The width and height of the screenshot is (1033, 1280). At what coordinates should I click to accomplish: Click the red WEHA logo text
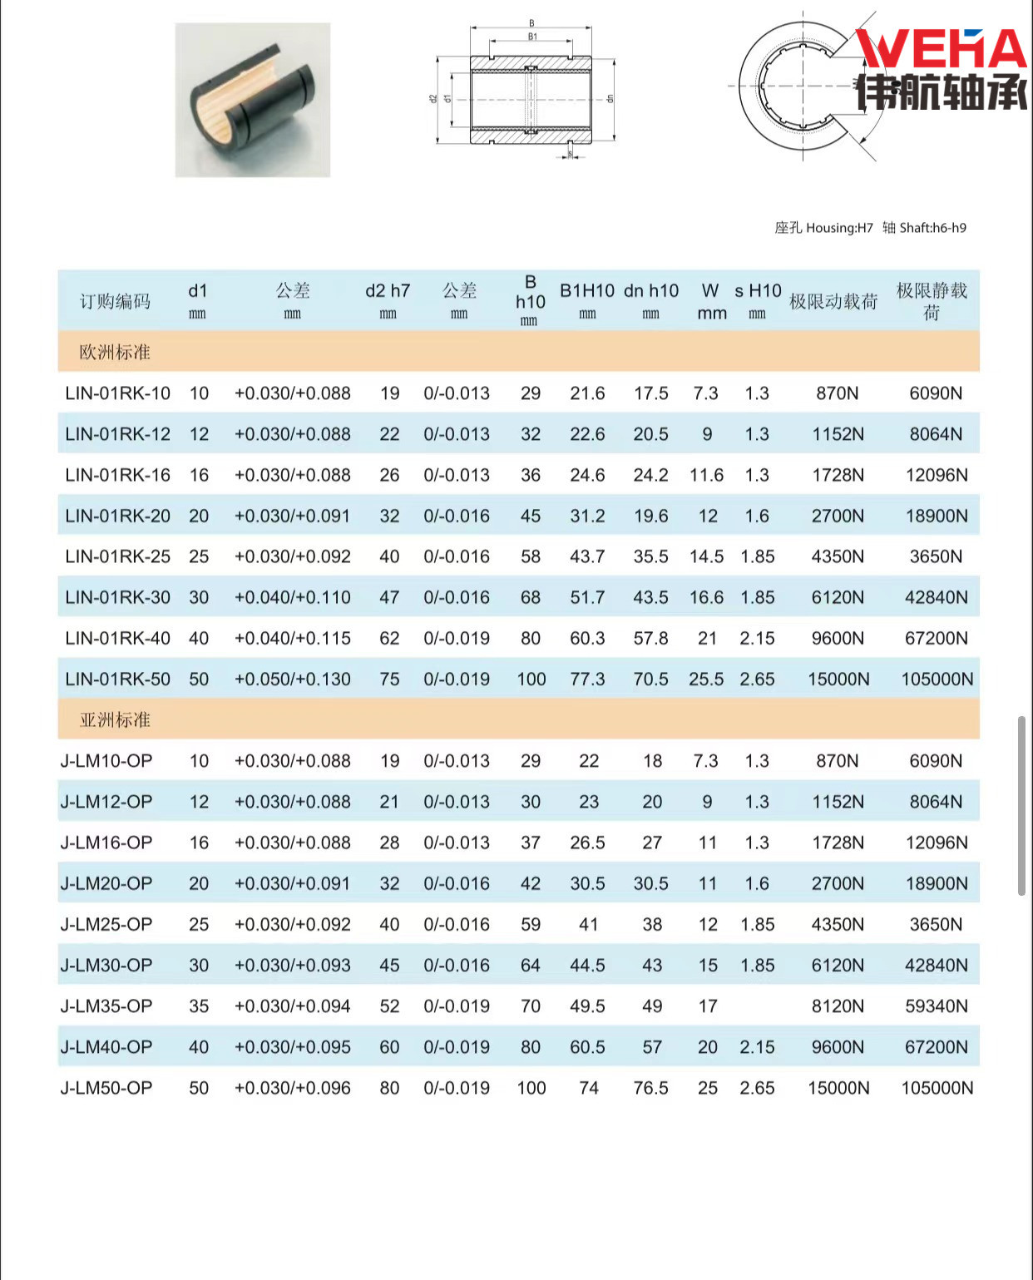coord(941,49)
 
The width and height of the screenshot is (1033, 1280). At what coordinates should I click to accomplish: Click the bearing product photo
coord(253,100)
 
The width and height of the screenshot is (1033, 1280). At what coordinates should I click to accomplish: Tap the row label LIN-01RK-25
coord(117,556)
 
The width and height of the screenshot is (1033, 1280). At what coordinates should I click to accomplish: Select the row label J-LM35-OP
coord(106,1006)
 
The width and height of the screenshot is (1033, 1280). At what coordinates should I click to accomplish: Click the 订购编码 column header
coord(115,301)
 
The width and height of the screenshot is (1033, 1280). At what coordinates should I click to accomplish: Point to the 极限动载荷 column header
coord(833,302)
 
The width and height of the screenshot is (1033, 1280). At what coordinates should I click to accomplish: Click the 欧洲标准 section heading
coord(115,352)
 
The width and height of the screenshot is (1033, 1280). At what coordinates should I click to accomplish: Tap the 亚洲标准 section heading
coord(115,719)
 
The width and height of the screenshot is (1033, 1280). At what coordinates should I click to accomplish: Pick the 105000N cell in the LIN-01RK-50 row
coord(937,680)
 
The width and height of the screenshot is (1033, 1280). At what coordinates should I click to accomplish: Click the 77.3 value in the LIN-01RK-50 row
coord(587,680)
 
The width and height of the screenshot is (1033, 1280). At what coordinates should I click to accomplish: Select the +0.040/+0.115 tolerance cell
coord(293,639)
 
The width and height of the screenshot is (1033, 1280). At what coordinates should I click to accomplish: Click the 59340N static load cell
coord(937,1006)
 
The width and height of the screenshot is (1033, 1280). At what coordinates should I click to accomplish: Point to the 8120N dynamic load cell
coord(838,1006)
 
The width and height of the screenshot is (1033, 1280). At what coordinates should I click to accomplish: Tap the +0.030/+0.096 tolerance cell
coord(293,1088)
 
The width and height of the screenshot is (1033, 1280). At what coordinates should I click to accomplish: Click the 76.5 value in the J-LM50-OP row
coord(650,1088)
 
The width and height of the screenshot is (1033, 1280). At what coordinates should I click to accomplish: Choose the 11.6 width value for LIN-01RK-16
coord(706,475)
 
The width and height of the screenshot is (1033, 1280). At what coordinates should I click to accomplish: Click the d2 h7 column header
coord(388,291)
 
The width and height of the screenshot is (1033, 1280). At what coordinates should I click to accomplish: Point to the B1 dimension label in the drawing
coord(532,37)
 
